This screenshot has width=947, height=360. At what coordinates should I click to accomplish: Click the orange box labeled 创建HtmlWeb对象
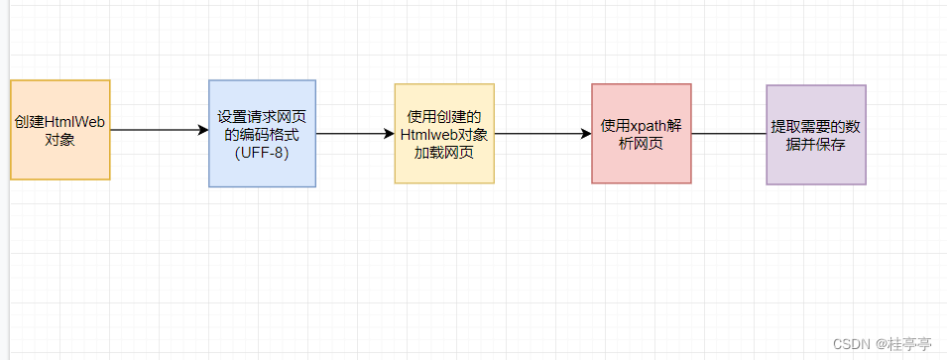click(59, 130)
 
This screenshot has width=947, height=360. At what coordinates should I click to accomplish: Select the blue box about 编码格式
click(262, 133)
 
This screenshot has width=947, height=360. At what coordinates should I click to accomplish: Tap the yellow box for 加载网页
click(444, 133)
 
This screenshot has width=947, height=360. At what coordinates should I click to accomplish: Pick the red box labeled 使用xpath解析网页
click(641, 133)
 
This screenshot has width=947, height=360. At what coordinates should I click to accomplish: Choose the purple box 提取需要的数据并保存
click(816, 134)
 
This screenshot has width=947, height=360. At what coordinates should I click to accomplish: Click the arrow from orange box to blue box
click(159, 130)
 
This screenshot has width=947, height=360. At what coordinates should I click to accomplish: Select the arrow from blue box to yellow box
click(355, 133)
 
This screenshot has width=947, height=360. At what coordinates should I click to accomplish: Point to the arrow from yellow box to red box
click(542, 133)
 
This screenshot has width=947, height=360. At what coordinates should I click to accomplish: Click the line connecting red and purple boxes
click(729, 134)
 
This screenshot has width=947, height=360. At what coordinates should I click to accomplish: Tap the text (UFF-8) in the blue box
click(262, 152)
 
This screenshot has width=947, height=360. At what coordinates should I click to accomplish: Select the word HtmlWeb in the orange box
click(75, 122)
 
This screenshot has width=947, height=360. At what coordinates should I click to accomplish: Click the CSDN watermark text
click(850, 343)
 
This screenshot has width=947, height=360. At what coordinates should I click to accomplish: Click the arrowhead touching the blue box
click(202, 130)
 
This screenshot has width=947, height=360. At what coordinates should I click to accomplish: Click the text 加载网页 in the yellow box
click(444, 152)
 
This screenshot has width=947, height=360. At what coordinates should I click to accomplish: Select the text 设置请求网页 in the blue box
click(262, 116)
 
